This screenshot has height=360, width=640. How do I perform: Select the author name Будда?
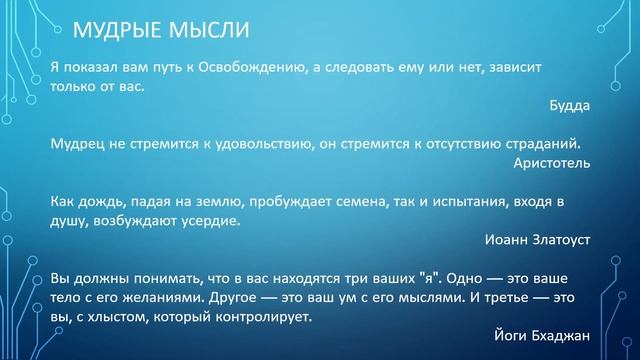(x=570, y=104)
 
